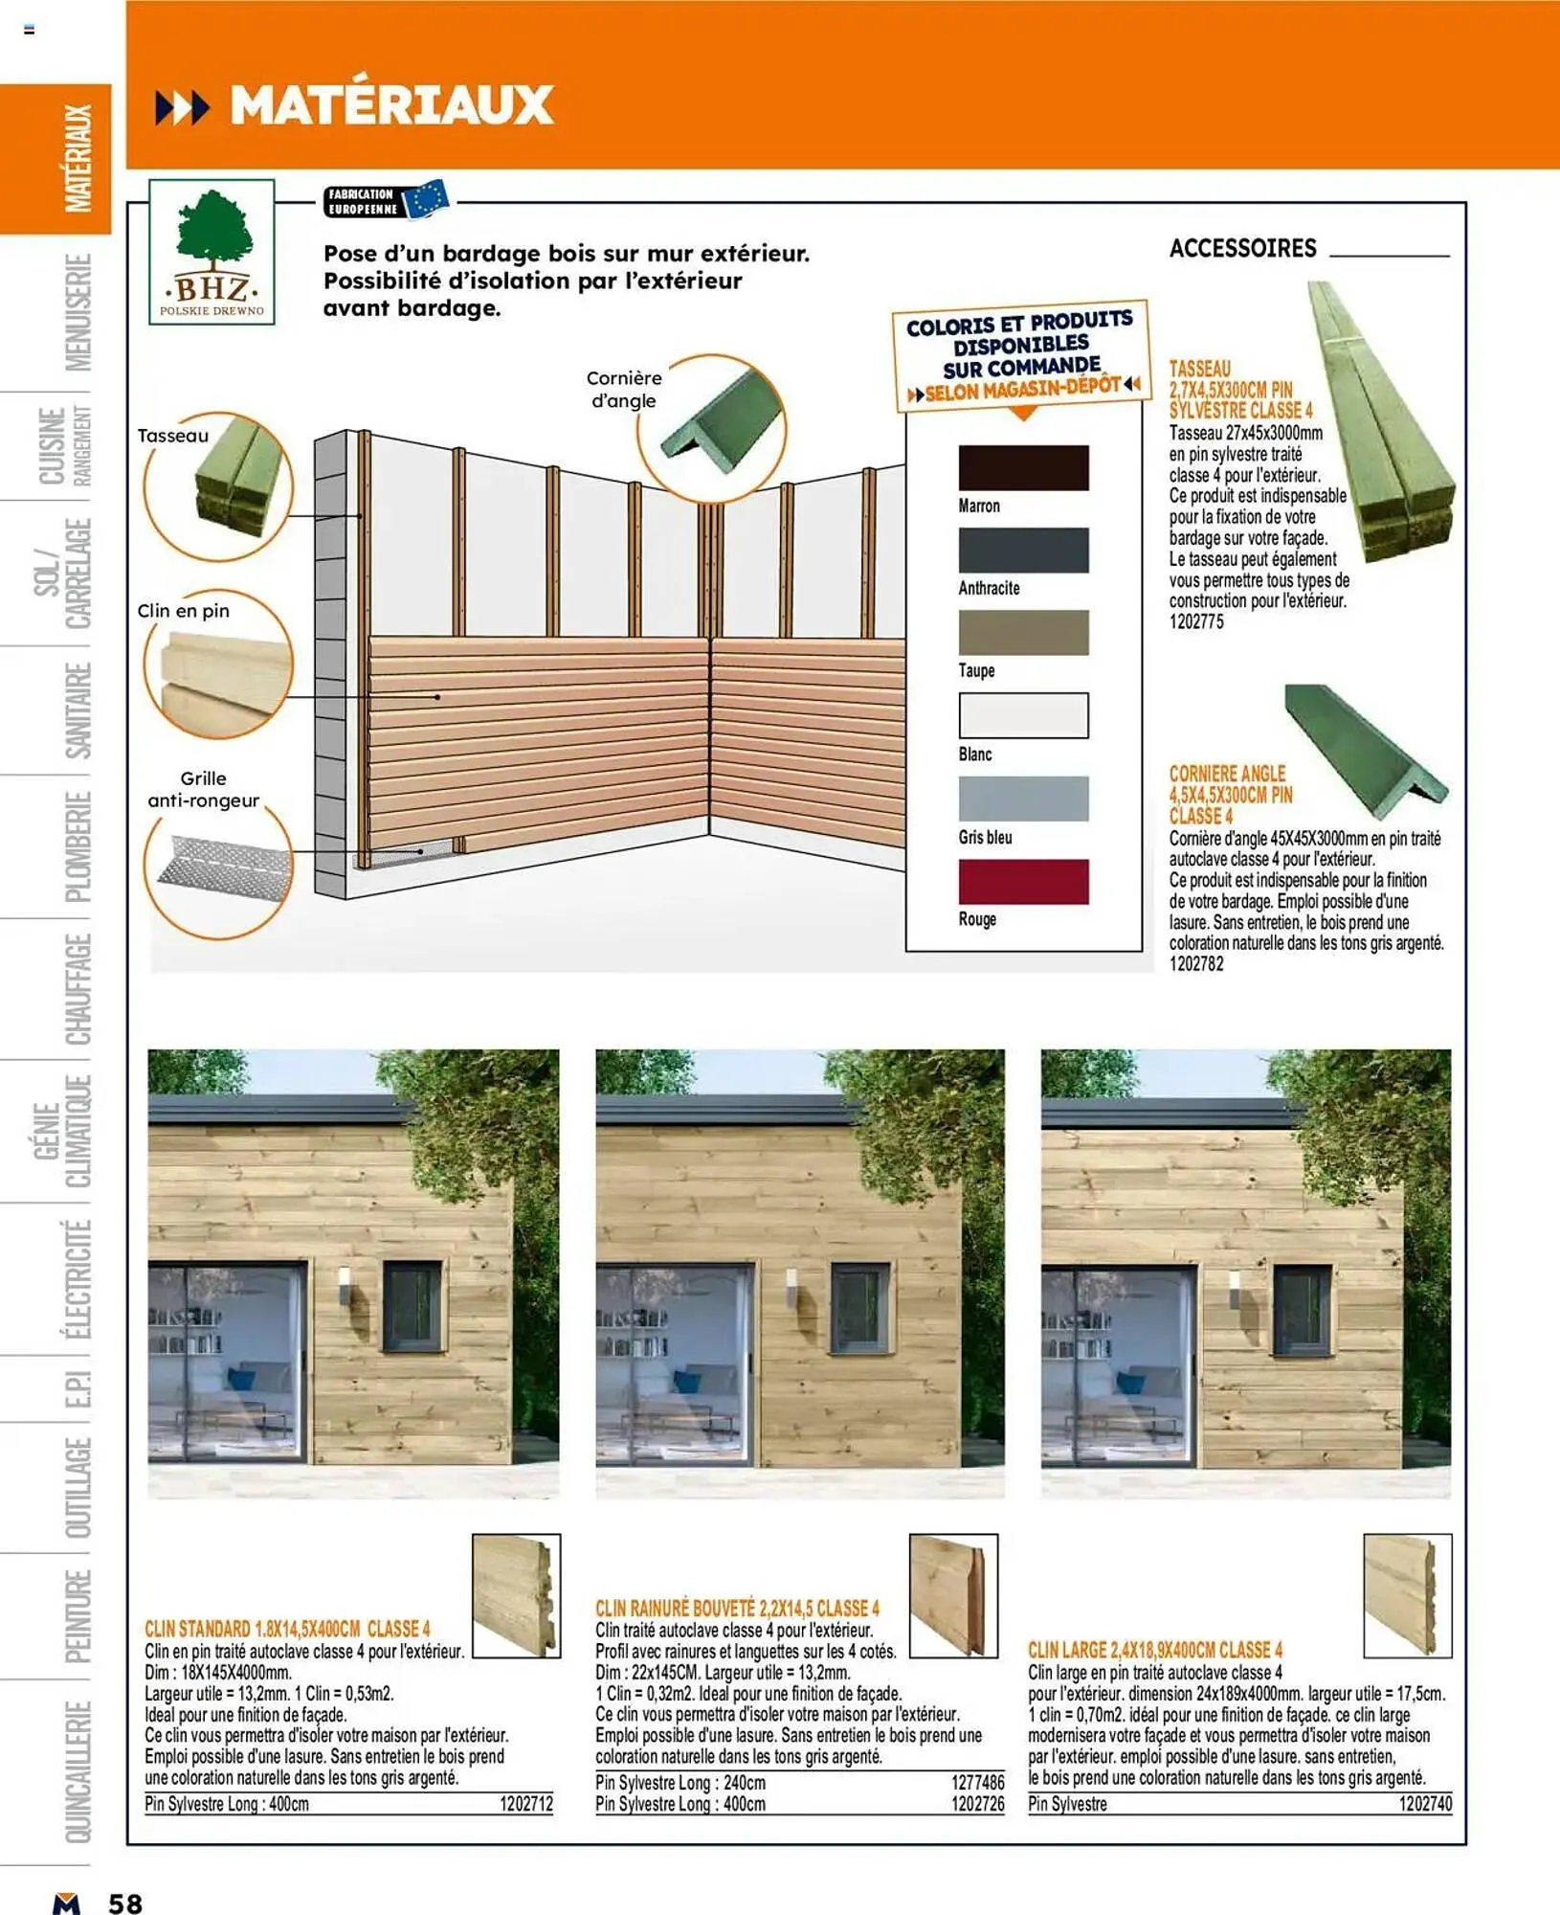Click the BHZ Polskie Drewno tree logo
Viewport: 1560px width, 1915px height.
point(212,251)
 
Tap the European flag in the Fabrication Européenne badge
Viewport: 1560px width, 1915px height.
point(425,199)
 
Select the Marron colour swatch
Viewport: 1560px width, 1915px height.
point(1023,468)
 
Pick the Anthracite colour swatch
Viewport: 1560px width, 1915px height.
point(1023,551)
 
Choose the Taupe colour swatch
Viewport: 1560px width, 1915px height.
point(1023,633)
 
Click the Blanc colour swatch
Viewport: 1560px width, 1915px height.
point(1023,715)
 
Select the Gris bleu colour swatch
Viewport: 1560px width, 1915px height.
point(1023,799)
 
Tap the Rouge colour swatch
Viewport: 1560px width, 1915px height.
point(1023,881)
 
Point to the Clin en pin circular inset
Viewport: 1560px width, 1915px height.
point(219,665)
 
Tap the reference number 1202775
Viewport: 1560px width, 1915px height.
point(1196,622)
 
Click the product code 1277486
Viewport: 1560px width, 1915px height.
point(978,1783)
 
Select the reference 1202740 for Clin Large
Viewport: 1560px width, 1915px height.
point(1425,1804)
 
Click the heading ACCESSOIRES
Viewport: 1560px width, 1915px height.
point(1243,249)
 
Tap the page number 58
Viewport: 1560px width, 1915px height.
point(125,1903)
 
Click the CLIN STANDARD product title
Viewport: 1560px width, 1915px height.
point(287,1629)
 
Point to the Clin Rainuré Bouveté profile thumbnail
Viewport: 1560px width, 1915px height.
point(953,1595)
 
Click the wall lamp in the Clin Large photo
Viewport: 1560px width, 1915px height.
point(1235,1291)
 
